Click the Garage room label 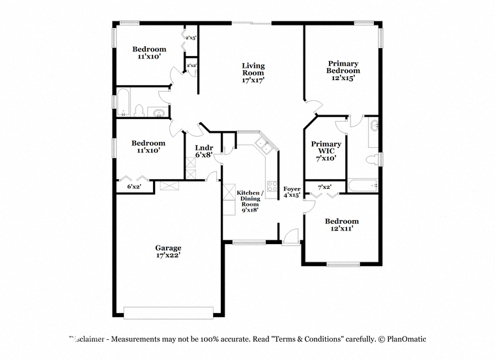pyautogui.click(x=168, y=251)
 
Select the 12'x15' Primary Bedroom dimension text pyautogui.click(x=343, y=77)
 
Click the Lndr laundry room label pyautogui.click(x=204, y=148)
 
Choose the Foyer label pyautogui.click(x=292, y=189)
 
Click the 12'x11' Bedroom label pyautogui.click(x=342, y=225)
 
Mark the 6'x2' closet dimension pyautogui.click(x=134, y=186)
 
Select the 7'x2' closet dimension pyautogui.click(x=324, y=187)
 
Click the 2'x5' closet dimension pyautogui.click(x=191, y=38)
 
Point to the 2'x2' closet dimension pyautogui.click(x=191, y=66)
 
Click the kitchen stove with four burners pyautogui.click(x=272, y=186)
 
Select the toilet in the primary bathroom pyautogui.click(x=372, y=159)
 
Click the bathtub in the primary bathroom pyautogui.click(x=363, y=186)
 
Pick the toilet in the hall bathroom pyautogui.click(x=139, y=111)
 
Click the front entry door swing pyautogui.click(x=290, y=236)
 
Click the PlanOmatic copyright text pyautogui.click(x=403, y=339)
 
